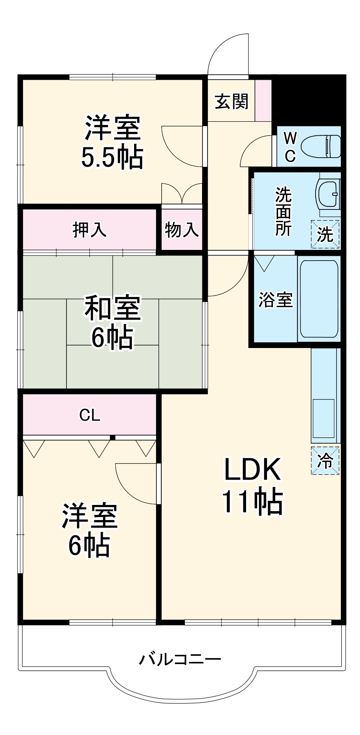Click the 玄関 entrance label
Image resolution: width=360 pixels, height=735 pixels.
click(x=231, y=101)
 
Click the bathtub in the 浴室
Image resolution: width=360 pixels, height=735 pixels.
click(x=319, y=299)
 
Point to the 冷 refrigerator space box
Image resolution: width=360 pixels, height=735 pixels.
click(x=325, y=460)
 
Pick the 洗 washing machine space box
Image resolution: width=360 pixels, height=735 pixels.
click(x=325, y=234)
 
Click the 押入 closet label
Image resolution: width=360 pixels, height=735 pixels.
click(x=90, y=230)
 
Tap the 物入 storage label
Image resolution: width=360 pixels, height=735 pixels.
click(x=182, y=230)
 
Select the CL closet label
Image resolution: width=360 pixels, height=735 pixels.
click(x=90, y=415)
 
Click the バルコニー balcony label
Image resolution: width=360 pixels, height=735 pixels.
click(x=180, y=659)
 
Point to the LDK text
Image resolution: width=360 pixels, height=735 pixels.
click(x=252, y=469)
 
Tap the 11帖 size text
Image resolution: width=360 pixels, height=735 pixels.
click(x=252, y=501)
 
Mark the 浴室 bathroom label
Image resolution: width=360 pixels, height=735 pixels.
click(x=276, y=300)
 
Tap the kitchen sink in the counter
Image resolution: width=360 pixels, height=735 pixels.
click(x=323, y=418)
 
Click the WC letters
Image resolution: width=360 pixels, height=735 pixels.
click(x=290, y=147)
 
